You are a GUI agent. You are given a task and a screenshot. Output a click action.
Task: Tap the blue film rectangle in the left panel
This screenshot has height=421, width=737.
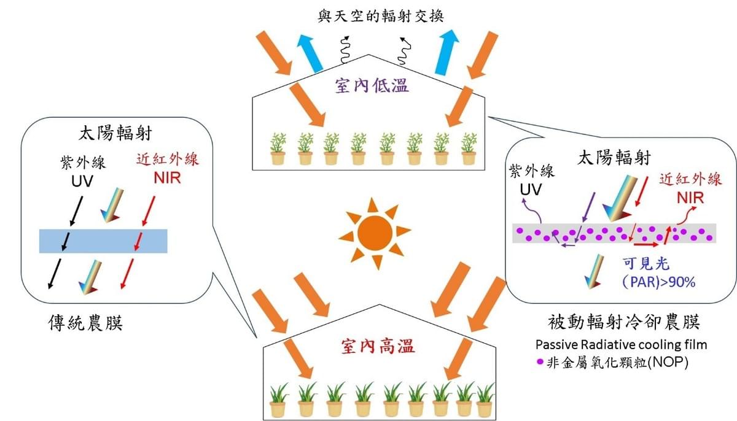tap(103, 241)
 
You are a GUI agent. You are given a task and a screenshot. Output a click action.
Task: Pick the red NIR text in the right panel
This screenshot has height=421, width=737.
tap(690, 199)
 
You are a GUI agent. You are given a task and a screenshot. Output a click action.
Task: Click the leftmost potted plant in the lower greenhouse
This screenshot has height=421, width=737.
tap(278, 400)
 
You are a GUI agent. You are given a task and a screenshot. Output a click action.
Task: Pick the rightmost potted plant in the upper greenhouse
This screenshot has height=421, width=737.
tap(469, 150)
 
